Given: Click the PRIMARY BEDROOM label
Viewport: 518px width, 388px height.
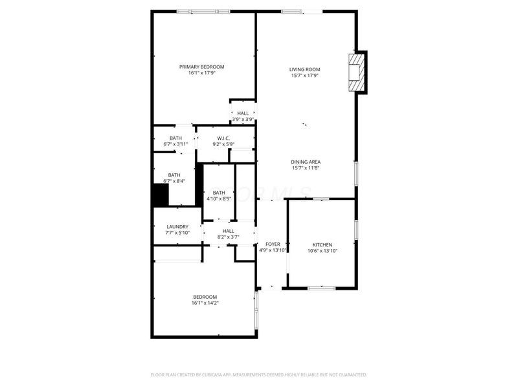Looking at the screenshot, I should point(202,67).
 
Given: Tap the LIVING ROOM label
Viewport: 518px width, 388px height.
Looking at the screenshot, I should point(304,70).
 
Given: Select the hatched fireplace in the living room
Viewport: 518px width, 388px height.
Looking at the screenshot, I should point(355,72).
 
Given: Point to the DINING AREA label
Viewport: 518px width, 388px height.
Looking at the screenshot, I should point(306,162).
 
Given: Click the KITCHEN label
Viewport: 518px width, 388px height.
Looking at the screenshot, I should point(322,245).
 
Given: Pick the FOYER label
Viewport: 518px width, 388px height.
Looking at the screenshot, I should point(273,244).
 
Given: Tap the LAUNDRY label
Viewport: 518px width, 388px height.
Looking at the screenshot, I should point(177,227).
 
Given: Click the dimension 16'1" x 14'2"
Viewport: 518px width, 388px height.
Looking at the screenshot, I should point(205,303).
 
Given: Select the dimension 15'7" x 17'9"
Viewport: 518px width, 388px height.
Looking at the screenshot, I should point(304,76).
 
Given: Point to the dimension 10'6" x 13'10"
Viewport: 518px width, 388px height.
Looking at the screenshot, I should point(322,251).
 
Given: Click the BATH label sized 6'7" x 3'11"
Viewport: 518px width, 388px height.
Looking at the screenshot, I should point(175,138).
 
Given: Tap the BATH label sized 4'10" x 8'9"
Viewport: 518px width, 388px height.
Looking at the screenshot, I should point(219,192).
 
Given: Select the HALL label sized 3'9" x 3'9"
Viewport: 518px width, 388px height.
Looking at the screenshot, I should point(243,113).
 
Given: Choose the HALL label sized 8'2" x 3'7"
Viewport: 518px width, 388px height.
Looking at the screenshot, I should point(229,231).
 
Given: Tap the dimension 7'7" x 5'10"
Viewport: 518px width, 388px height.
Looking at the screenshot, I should point(177,233).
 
